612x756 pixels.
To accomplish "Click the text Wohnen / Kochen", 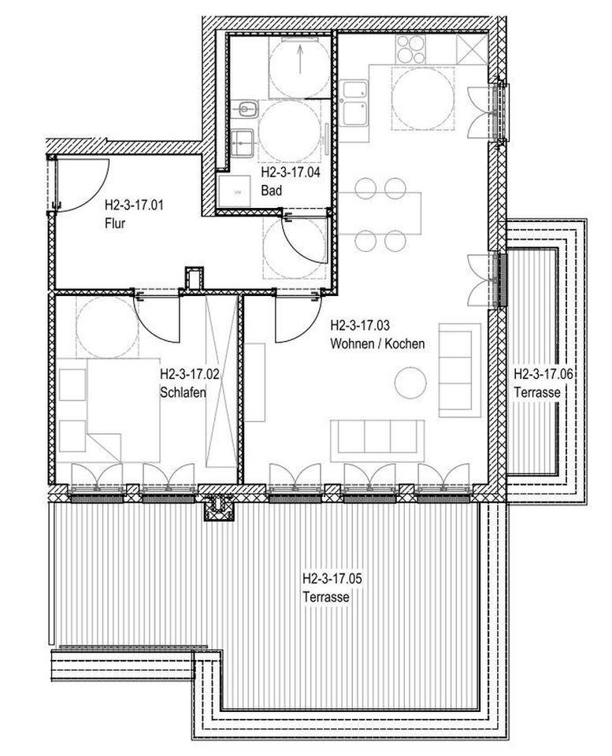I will (378, 343).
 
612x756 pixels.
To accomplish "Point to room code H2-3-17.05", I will (332, 579).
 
